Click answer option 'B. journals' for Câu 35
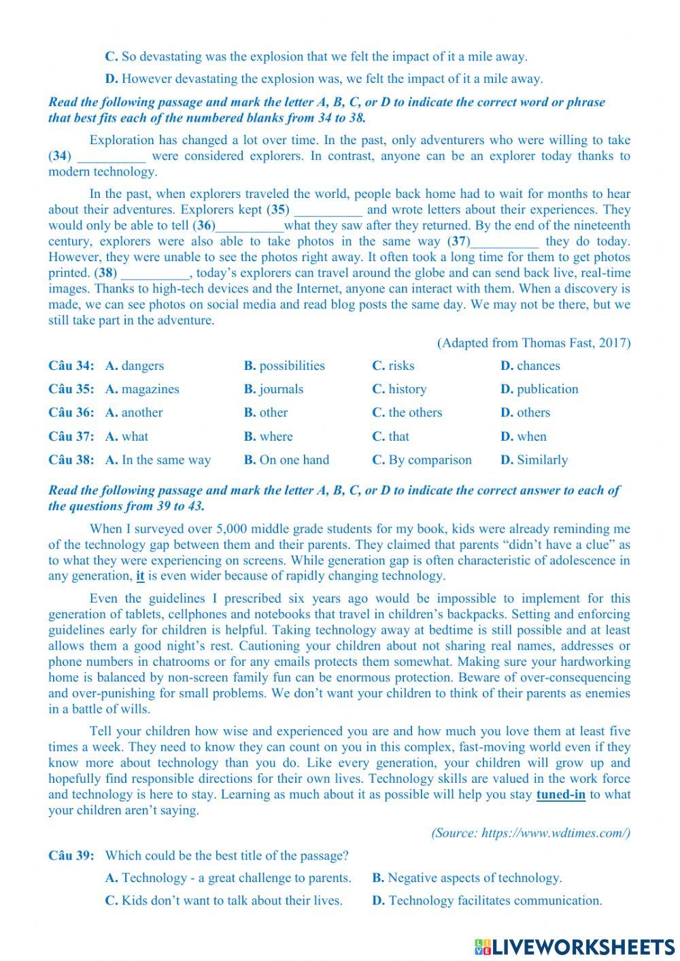pos(273,389)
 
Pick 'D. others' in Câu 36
pos(525,413)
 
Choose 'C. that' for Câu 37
pos(390,437)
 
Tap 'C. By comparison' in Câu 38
pos(422,460)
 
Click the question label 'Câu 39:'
pos(71,856)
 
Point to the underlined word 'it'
pos(140,576)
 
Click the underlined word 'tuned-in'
pos(560,794)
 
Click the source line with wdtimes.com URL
pos(530,833)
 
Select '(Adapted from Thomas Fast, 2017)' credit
pos(534,343)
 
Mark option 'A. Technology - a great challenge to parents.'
pos(228,878)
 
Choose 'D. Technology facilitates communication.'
pos(487,900)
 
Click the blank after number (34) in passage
pos(111,156)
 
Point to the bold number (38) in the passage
pos(105,273)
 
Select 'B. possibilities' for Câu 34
pos(284,366)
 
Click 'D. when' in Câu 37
pos(523,437)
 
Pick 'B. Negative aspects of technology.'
pos(466,878)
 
